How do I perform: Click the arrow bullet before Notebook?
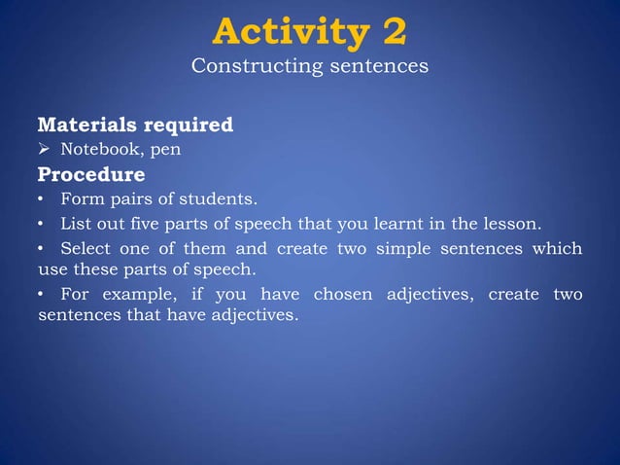coord(45,150)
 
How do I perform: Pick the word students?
coord(224,199)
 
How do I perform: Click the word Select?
coord(85,248)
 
